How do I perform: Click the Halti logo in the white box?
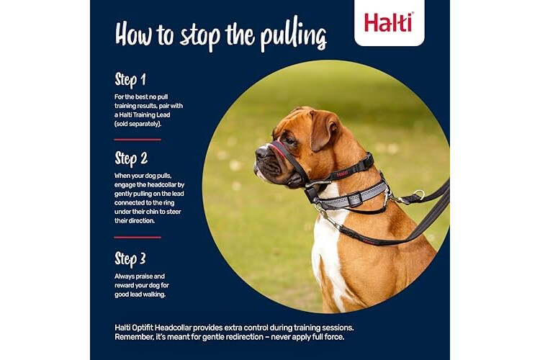click(x=389, y=23)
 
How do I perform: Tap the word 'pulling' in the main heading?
click(x=293, y=36)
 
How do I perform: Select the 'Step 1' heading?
click(x=130, y=80)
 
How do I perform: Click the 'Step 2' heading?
click(x=131, y=158)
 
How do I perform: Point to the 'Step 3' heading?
click(x=130, y=259)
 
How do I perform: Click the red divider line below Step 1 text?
click(x=138, y=140)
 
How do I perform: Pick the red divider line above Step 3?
click(x=138, y=238)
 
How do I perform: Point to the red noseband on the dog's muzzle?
click(x=279, y=150)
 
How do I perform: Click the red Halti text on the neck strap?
click(x=342, y=174)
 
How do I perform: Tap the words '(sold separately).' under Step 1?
click(x=138, y=124)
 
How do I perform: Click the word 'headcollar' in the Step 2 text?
click(x=159, y=184)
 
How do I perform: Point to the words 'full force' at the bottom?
click(x=328, y=337)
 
